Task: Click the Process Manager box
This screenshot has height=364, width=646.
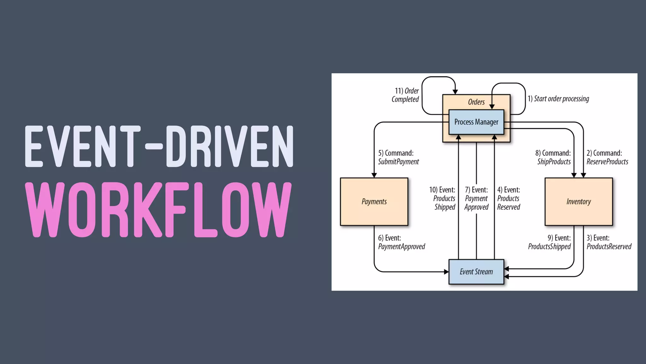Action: click(476, 122)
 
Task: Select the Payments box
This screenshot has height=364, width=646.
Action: click(374, 202)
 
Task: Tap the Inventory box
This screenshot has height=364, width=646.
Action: click(578, 202)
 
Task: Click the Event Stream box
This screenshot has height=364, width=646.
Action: click(476, 272)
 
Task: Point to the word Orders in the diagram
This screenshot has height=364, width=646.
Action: click(476, 102)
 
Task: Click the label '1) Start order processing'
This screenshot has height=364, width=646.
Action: click(558, 99)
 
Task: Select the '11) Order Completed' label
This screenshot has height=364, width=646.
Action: click(405, 95)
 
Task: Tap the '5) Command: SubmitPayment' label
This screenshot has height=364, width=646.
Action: click(398, 157)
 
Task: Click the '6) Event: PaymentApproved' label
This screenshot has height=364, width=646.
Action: click(401, 242)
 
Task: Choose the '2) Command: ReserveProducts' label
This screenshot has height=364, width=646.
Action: click(607, 157)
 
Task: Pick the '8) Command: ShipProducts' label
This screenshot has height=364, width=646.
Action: click(553, 157)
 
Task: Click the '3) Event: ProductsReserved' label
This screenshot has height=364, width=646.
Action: click(608, 242)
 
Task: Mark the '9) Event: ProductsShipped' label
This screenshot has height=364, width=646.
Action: click(550, 242)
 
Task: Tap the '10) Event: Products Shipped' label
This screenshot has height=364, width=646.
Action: click(443, 198)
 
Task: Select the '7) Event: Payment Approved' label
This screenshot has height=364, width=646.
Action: click(476, 198)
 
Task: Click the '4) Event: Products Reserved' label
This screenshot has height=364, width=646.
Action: click(508, 198)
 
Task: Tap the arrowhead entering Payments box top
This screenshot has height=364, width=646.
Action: click(374, 175)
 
